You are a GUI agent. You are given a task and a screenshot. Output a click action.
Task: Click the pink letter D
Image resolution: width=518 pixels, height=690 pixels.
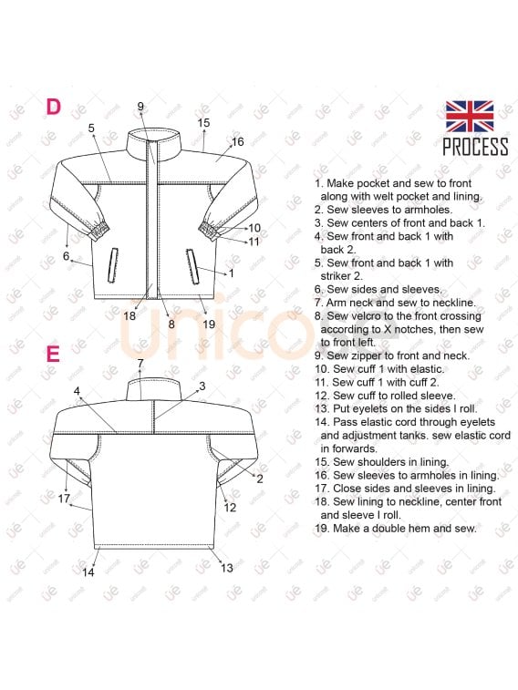(53, 107)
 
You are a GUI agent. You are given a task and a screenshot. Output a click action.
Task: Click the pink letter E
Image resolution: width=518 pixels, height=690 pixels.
(53, 354)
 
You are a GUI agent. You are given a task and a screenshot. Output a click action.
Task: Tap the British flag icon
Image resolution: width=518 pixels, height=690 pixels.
(470, 117)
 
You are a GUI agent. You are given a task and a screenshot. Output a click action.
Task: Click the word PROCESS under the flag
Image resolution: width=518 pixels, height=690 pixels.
(475, 147)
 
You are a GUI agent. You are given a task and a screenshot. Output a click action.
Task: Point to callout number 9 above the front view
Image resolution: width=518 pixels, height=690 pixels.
(140, 106)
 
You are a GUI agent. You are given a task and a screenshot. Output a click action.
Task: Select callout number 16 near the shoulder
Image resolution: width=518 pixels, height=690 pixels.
(238, 141)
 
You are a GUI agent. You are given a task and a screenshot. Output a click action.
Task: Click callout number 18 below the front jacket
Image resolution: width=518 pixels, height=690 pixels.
(129, 315)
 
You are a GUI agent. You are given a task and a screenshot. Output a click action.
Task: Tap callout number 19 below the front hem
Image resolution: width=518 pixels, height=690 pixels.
(209, 324)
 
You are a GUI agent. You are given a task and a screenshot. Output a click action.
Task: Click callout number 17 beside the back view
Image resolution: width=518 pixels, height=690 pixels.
(64, 499)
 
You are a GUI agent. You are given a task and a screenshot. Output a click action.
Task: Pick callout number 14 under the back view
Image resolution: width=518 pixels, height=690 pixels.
(88, 572)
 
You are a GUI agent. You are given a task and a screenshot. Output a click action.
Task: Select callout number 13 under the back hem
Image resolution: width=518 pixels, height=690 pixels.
(227, 568)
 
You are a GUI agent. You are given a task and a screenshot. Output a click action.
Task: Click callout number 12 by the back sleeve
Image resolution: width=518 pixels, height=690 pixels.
(230, 508)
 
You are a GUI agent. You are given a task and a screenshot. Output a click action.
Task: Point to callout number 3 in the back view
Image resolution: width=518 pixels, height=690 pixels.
(202, 386)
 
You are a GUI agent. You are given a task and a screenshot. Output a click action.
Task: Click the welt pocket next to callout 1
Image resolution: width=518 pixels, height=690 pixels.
(192, 267)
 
